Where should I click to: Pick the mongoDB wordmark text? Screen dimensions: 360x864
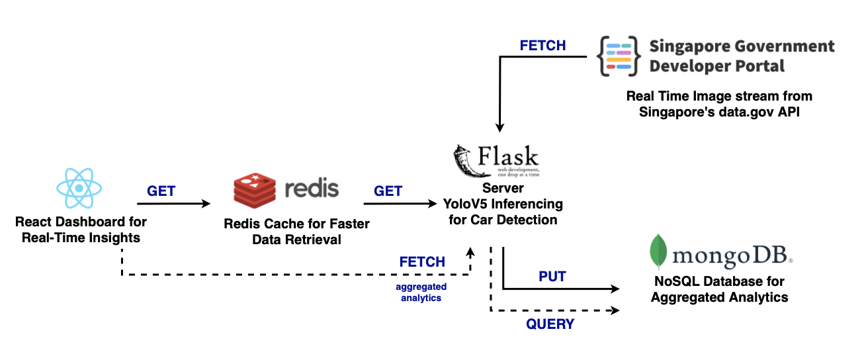(x=730, y=255)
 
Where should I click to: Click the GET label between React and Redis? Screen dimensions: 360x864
(x=161, y=191)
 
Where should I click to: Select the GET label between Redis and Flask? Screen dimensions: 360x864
(x=388, y=191)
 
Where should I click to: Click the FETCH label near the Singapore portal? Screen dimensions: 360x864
(x=542, y=46)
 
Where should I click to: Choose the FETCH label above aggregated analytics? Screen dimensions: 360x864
(x=422, y=262)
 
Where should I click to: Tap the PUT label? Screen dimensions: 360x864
(x=552, y=277)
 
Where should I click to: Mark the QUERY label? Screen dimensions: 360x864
(x=550, y=324)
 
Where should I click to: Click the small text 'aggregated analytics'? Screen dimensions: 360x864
(x=421, y=292)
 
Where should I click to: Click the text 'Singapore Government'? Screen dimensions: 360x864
(x=742, y=46)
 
